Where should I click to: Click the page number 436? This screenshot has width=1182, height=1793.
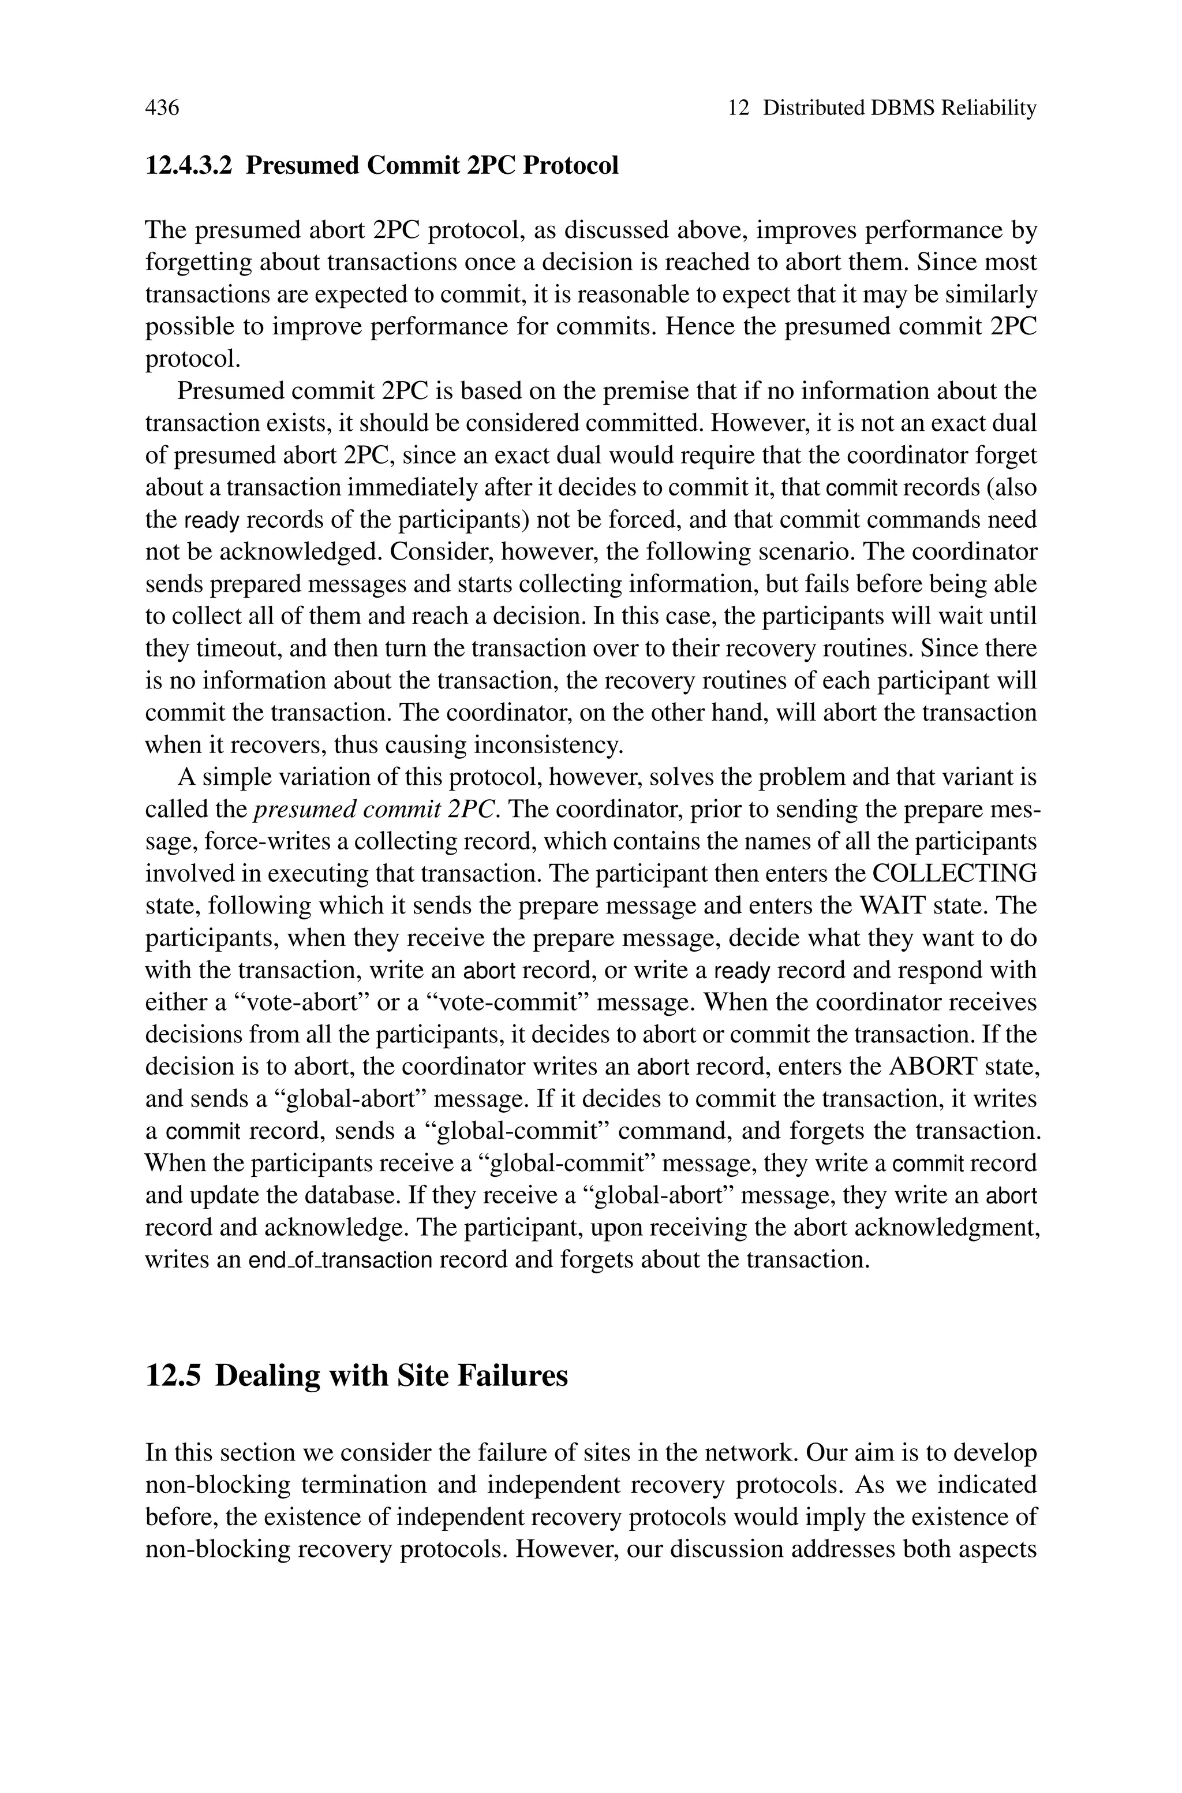(x=162, y=109)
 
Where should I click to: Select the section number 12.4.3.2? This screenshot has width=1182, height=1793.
(x=189, y=165)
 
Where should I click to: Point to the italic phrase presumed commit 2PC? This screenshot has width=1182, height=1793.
(x=375, y=809)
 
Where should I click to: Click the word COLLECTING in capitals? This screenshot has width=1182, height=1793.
(x=953, y=873)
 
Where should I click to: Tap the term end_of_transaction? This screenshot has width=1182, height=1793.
(x=341, y=1261)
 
